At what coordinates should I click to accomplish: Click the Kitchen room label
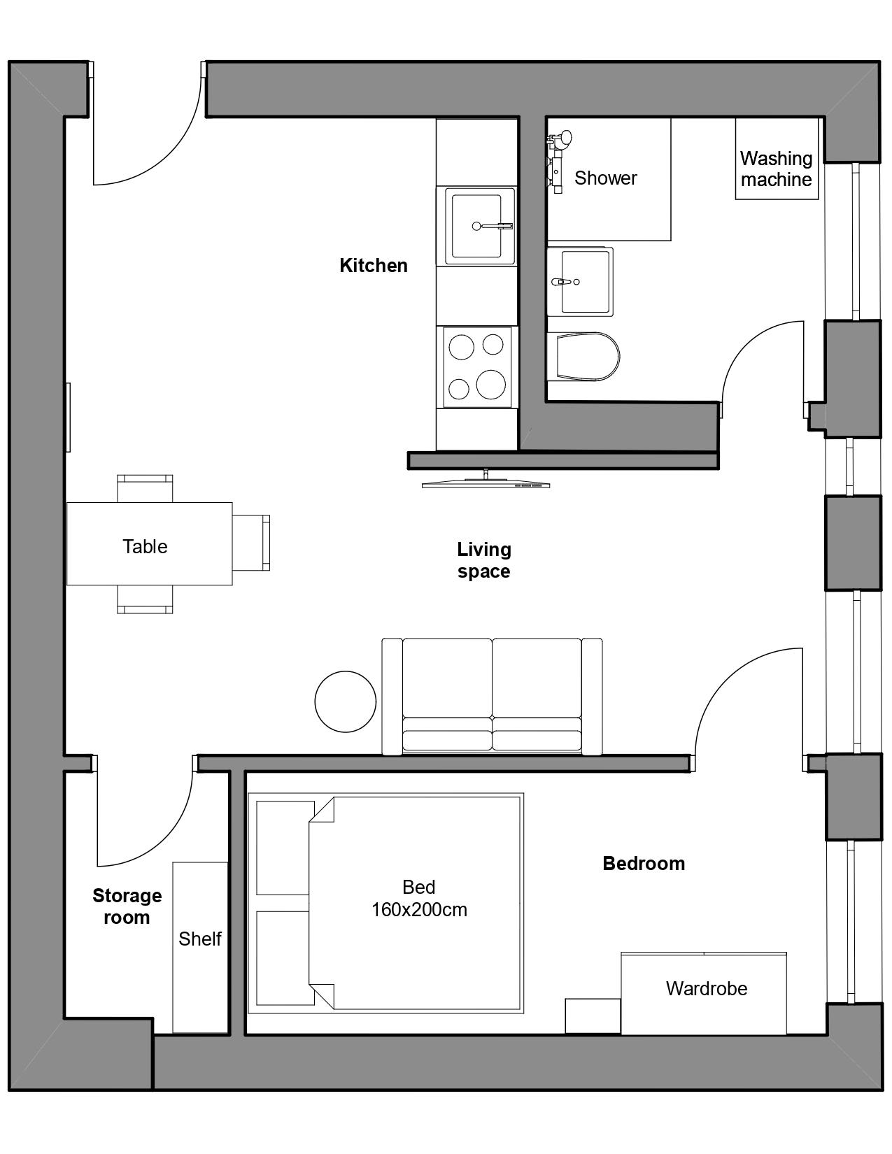click(374, 266)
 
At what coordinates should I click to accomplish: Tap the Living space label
click(484, 560)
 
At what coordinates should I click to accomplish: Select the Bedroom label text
click(644, 864)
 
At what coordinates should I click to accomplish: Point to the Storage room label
click(127, 906)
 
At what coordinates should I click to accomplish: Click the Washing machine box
click(776, 159)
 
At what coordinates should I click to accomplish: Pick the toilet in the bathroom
click(583, 357)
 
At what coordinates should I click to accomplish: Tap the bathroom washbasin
click(580, 281)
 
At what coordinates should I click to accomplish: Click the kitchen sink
click(476, 226)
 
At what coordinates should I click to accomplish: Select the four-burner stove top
click(476, 367)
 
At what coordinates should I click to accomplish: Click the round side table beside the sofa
click(346, 701)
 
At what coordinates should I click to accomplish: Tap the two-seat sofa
click(492, 696)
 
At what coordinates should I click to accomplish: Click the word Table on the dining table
click(145, 546)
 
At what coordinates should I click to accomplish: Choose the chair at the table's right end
click(251, 543)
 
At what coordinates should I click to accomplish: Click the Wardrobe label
click(707, 988)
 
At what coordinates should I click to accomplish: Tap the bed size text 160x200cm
click(419, 910)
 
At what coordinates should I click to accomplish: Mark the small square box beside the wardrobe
click(593, 1016)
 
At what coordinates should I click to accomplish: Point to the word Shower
click(606, 178)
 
